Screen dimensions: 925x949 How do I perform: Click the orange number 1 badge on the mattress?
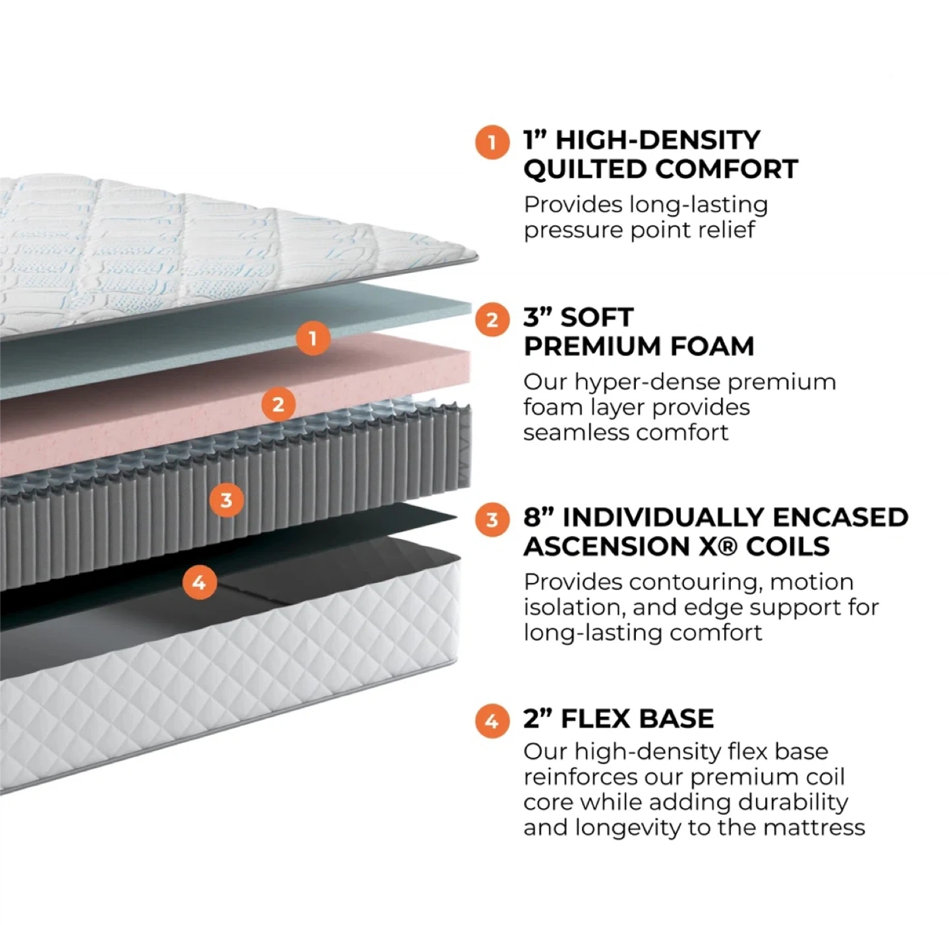point(312,338)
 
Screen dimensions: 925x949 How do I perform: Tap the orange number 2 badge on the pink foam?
point(278,404)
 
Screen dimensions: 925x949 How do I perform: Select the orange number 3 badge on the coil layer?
point(226,500)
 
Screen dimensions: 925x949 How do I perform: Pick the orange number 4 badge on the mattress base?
point(199,582)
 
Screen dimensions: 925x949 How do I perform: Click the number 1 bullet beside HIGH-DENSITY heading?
point(492,142)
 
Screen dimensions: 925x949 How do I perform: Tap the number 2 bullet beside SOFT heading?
point(492,320)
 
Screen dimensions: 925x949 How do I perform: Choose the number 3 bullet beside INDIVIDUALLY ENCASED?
point(492,520)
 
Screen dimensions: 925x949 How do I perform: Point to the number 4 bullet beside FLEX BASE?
point(492,721)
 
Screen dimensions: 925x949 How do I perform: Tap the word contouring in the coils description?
point(695,582)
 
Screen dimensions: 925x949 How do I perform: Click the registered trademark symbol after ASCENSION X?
point(728,547)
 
